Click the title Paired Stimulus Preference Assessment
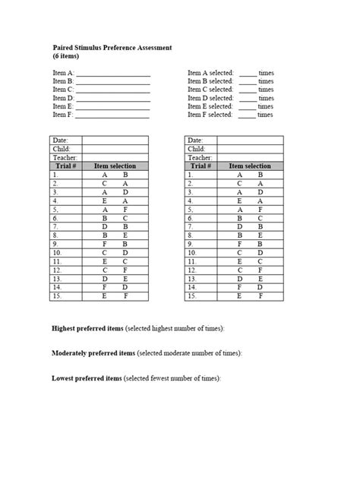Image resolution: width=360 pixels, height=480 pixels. click(112, 47)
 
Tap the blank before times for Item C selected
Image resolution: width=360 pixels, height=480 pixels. click(247, 90)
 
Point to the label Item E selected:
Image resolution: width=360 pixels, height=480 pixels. click(210, 107)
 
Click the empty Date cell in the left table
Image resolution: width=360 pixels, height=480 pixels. click(115, 141)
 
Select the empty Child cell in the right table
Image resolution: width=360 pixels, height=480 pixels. click(251, 149)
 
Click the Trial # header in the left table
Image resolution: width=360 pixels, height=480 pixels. click(66, 166)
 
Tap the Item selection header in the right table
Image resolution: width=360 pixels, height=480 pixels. click(250, 166)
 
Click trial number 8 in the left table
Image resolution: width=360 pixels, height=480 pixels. click(55, 236)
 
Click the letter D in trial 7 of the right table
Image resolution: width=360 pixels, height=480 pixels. click(239, 227)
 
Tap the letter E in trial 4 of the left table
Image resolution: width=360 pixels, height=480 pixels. click(105, 201)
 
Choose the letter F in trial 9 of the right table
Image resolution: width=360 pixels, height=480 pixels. click(239, 245)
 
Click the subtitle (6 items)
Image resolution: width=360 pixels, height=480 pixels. click(66, 56)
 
